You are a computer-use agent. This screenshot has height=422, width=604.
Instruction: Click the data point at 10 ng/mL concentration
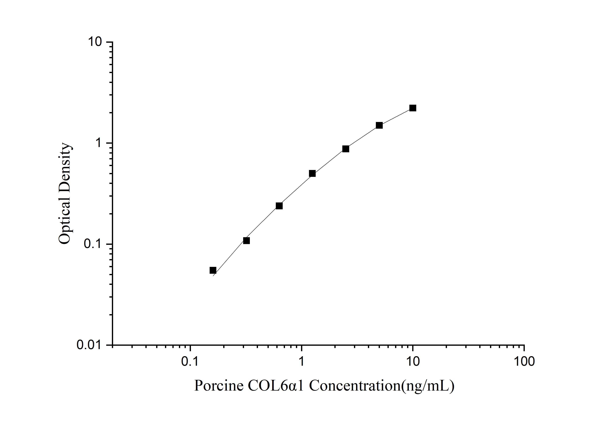[413, 108]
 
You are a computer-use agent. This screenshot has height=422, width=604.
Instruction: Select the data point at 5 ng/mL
[379, 125]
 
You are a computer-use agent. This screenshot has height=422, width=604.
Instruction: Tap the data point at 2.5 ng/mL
[346, 149]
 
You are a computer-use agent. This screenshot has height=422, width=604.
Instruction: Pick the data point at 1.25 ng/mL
[312, 173]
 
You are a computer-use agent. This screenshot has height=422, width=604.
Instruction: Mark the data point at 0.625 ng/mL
[279, 206]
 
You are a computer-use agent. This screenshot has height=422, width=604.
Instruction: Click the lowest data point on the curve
[213, 270]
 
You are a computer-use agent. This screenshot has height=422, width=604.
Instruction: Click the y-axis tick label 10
[95, 42]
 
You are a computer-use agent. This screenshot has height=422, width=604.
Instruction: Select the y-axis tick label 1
[98, 143]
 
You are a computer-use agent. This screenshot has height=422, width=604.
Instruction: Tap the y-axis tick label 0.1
[93, 244]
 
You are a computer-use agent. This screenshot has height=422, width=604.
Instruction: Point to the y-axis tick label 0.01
[89, 345]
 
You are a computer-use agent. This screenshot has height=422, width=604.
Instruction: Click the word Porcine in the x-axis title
[219, 386]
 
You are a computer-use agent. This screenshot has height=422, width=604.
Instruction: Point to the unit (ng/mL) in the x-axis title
[428, 386]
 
